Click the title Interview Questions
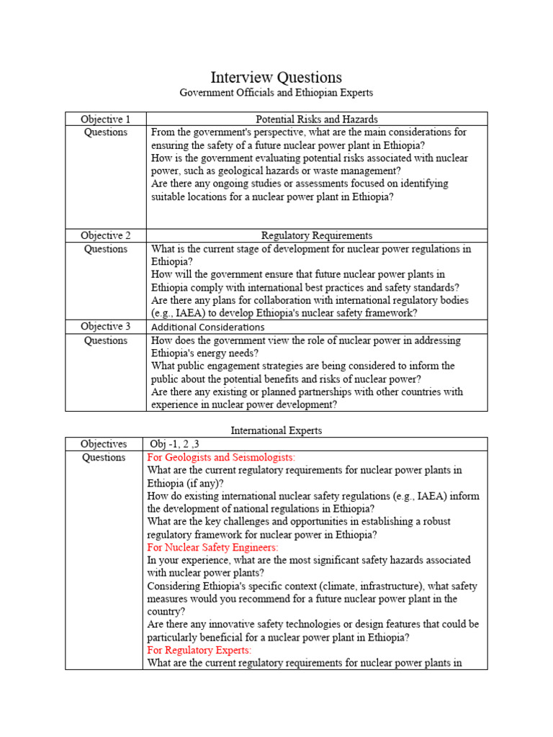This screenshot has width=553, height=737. (276, 77)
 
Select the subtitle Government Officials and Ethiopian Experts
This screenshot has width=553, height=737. (276, 93)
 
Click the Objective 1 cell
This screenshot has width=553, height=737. (105, 119)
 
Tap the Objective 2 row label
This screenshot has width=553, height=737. (105, 235)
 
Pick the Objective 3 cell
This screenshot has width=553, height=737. (105, 327)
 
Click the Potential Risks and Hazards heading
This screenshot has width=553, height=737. (317, 119)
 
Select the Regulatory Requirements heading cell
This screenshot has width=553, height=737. (317, 235)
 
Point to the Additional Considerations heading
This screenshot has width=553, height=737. (207, 327)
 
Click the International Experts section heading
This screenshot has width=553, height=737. (276, 430)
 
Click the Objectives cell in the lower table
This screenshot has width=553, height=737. (104, 444)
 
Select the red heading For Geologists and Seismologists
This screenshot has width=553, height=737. (221, 457)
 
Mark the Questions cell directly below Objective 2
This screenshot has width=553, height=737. (105, 249)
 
